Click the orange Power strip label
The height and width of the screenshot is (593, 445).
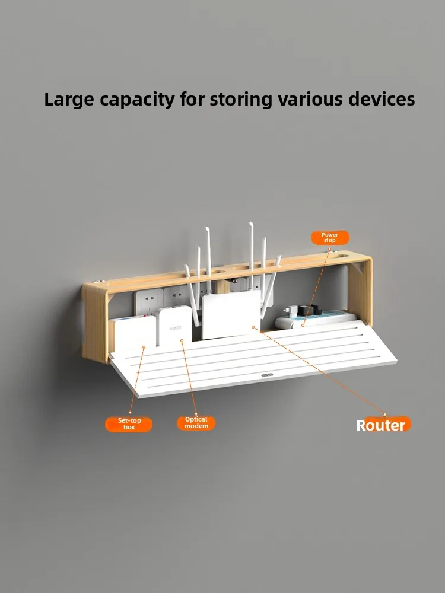pos(330,238)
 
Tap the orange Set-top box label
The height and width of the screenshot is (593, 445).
pos(129,424)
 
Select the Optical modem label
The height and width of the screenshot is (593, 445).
pos(196,423)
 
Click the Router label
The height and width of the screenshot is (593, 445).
pos(381,425)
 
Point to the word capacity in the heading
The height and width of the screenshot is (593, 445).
pos(139,99)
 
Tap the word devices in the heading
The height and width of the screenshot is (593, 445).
pos(382,99)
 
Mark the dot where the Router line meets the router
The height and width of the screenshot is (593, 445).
pos(253,326)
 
